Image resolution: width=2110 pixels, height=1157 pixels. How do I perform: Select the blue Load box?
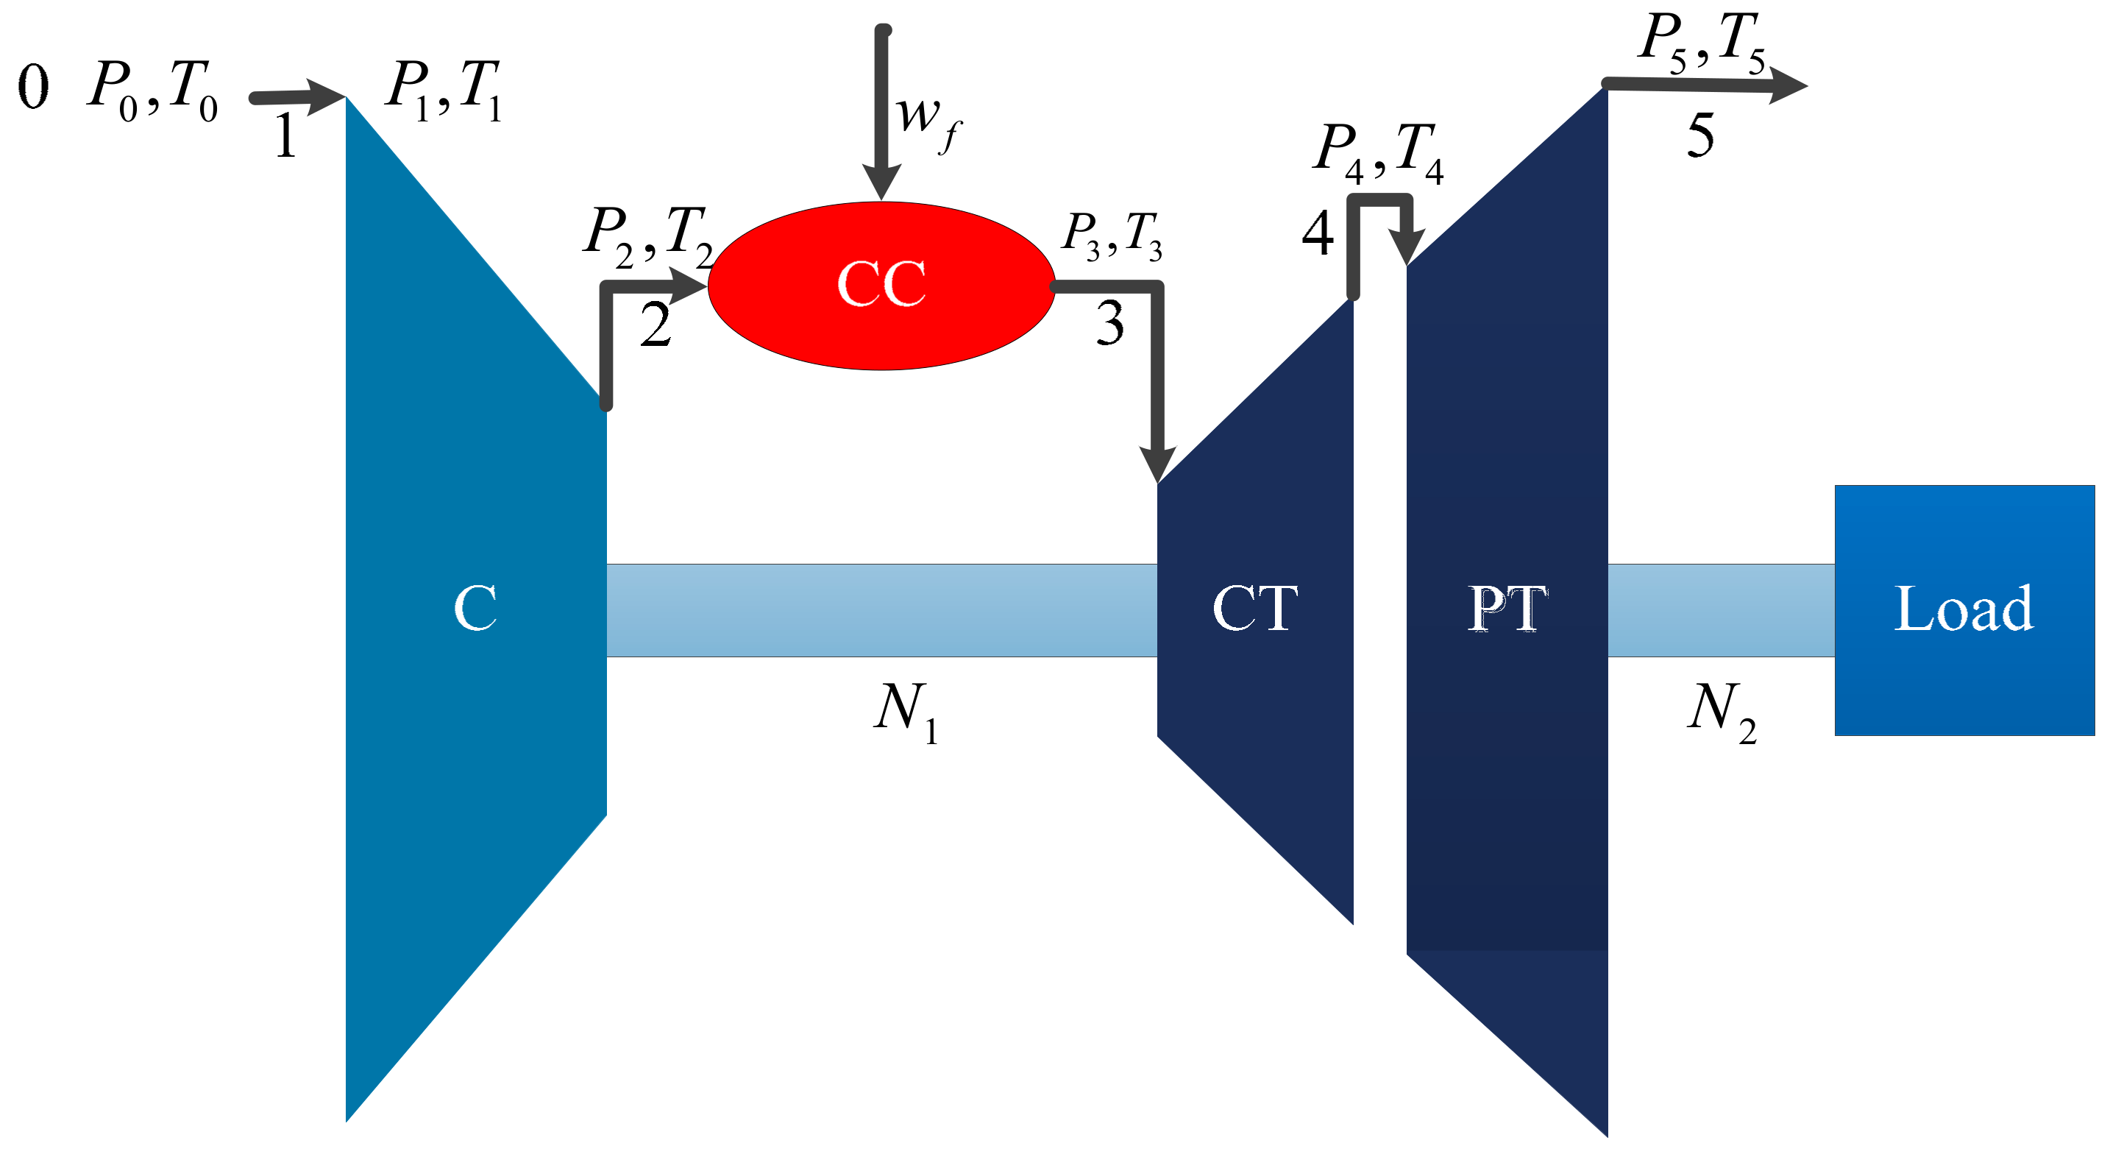[x=1964, y=609]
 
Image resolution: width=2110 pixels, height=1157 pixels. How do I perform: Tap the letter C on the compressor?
[x=475, y=608]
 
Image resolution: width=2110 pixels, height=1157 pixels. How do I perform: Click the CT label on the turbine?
[x=1254, y=608]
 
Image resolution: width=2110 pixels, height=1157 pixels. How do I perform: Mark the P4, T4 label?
[x=1378, y=152]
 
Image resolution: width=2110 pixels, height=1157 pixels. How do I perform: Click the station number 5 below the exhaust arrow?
[x=1699, y=135]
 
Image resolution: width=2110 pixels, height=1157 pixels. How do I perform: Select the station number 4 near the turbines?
[x=1317, y=233]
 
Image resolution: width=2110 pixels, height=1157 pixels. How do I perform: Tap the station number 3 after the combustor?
[x=1110, y=323]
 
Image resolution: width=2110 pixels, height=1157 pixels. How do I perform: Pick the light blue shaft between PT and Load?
[x=1720, y=609]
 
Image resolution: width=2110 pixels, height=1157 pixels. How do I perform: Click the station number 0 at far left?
[x=34, y=87]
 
